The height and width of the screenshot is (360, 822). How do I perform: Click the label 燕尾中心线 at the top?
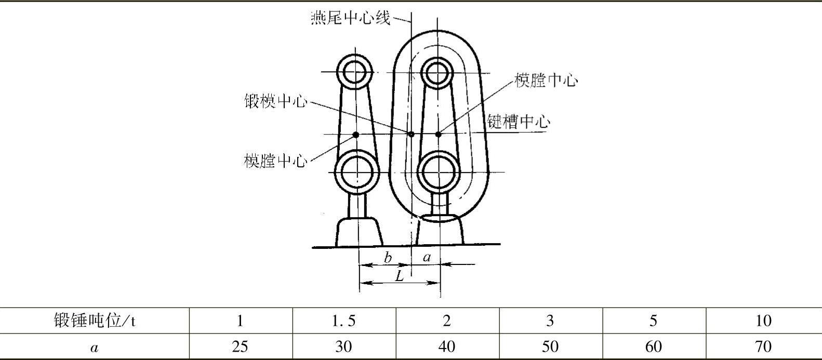[350, 19]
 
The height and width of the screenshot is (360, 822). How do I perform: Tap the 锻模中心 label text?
[276, 101]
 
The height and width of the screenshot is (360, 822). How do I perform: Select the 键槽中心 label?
[518, 122]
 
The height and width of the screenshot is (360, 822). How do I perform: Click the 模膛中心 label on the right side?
[546, 81]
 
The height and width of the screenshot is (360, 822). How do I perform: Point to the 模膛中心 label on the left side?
[275, 161]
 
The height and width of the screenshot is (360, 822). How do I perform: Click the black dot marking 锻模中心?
[411, 134]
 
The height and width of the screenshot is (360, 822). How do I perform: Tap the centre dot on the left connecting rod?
[356, 135]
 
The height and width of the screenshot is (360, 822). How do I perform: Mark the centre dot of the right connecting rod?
[439, 134]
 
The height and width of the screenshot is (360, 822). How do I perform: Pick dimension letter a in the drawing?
[427, 257]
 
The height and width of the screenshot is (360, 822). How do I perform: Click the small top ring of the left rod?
[355, 71]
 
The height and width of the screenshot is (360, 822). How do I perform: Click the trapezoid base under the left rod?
[359, 232]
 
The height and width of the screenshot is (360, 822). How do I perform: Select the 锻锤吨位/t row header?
[95, 321]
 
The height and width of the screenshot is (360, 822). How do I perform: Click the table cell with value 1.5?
[343, 321]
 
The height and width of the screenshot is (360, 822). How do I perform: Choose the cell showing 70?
[763, 346]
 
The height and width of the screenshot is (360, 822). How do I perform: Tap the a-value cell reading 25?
[240, 346]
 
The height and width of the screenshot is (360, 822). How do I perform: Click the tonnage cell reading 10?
[763, 321]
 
